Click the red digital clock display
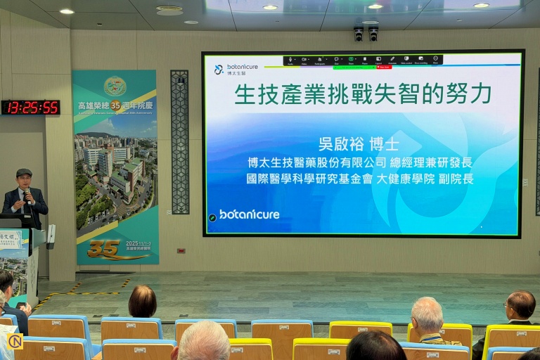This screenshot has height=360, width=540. tap(30, 108)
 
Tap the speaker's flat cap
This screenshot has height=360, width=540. tap(24, 173)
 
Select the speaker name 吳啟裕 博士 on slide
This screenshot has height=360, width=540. tap(359, 144)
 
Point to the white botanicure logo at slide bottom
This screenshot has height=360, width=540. tap(249, 214)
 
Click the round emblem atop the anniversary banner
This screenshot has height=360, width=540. tap(115, 86)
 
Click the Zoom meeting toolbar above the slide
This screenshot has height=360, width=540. tap(362, 60)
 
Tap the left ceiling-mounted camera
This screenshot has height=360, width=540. tap(359, 33)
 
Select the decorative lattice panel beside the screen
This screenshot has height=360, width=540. tap(180, 141)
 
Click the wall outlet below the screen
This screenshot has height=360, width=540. tap(181, 250)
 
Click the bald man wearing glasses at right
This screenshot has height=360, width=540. tap(520, 307)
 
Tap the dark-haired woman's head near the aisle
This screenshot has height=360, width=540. tap(143, 301)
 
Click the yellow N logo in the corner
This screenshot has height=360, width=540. tap(15, 342)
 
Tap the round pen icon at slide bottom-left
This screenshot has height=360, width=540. tap(212, 218)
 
